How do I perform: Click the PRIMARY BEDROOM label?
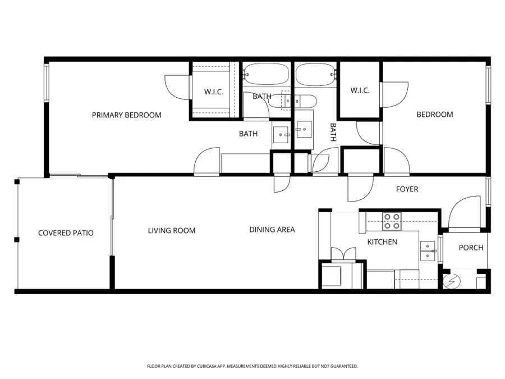(126, 115)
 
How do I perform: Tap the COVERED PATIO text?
(66, 233)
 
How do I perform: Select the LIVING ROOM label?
(172, 230)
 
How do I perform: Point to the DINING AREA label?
(272, 230)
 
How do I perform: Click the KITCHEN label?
(382, 242)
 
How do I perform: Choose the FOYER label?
(407, 189)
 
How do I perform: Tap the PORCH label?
(471, 248)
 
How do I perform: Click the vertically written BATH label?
(333, 132)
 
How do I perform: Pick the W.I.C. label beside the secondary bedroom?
(360, 90)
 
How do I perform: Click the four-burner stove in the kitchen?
(392, 222)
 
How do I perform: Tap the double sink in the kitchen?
(428, 251)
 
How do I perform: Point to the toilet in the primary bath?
(281, 101)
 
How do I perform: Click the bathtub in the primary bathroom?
(266, 74)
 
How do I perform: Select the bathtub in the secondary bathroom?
(315, 74)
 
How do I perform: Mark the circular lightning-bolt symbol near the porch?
(452, 280)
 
